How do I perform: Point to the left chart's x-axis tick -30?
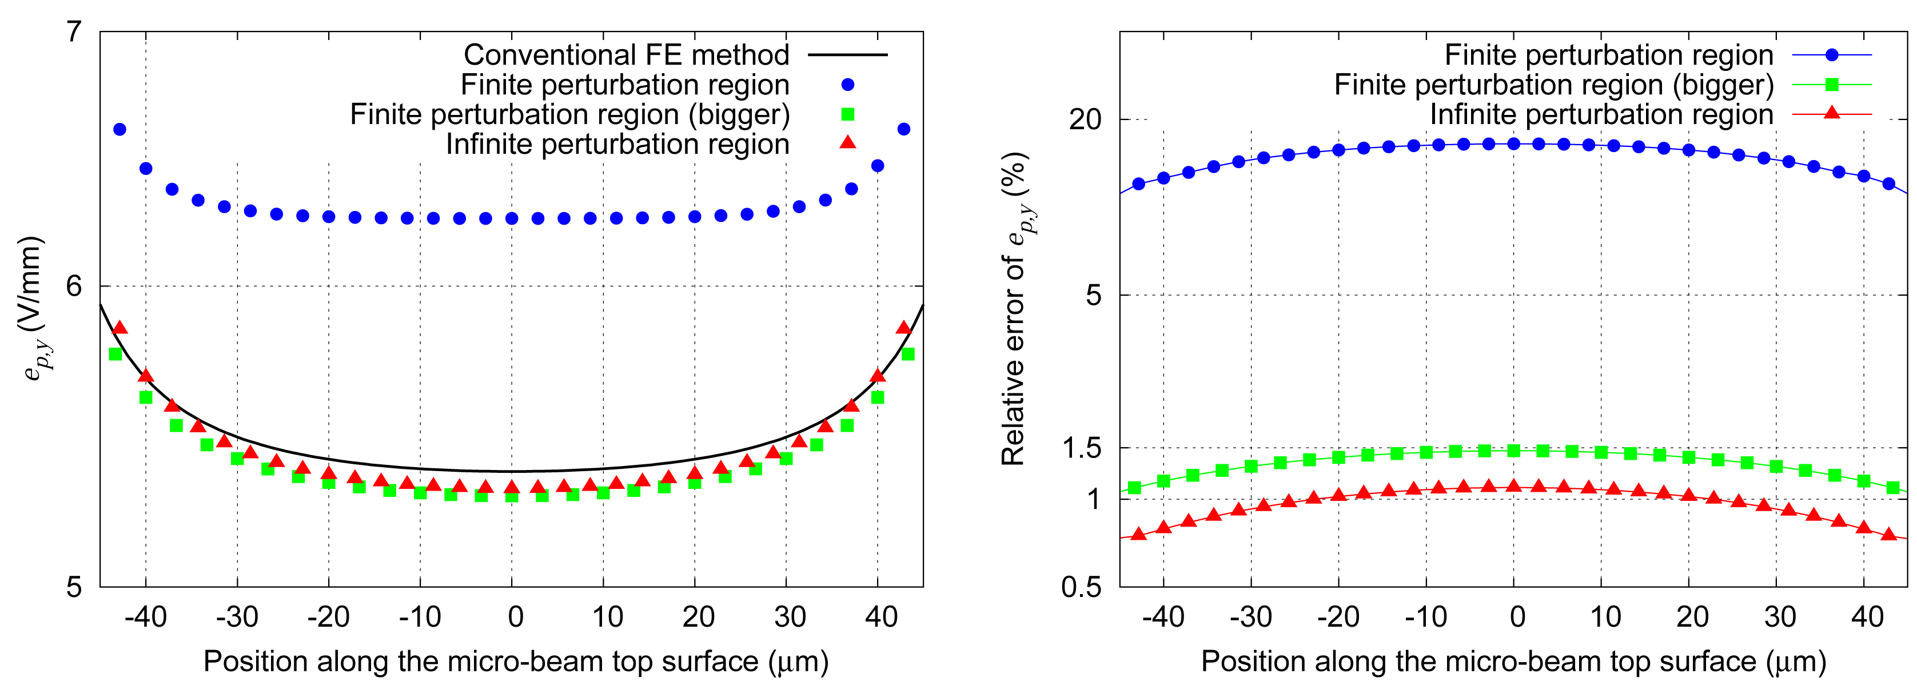point(237,617)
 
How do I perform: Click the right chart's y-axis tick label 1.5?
point(1081,448)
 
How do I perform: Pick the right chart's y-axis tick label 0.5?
point(1081,587)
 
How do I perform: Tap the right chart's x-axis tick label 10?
point(1604,617)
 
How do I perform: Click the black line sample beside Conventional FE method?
point(848,55)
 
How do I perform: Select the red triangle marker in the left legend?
point(848,142)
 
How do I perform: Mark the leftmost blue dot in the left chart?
point(119,129)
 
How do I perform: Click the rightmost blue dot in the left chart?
point(903,129)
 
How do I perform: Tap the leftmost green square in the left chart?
point(115,354)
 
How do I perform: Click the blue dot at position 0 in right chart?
point(1514,144)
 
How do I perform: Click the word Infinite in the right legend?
point(1481,114)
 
